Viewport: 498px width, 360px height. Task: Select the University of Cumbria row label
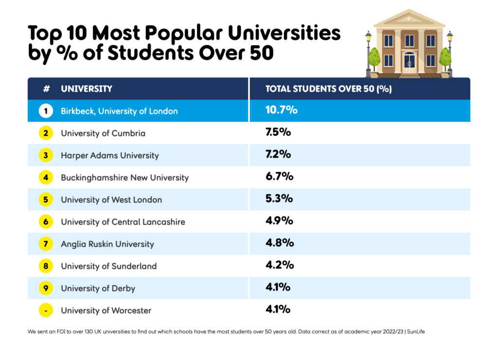pyautogui.click(x=103, y=133)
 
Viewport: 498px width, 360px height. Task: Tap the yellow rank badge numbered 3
pyautogui.click(x=46, y=155)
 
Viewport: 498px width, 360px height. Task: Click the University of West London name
pyautogui.click(x=111, y=200)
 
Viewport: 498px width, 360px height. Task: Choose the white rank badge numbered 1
pyautogui.click(x=46, y=111)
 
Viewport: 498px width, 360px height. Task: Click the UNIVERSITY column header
pyautogui.click(x=87, y=89)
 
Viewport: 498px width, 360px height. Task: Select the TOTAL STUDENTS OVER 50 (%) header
pyautogui.click(x=328, y=89)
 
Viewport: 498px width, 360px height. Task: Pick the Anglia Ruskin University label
pyautogui.click(x=107, y=244)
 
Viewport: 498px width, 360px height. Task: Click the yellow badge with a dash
pyautogui.click(x=46, y=310)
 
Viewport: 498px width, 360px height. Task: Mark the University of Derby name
pyautogui.click(x=98, y=288)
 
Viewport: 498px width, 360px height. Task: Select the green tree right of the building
pyautogui.click(x=445, y=58)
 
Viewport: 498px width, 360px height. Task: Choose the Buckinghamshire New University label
pyautogui.click(x=124, y=178)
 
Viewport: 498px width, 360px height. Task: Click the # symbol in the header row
pyautogui.click(x=46, y=89)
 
